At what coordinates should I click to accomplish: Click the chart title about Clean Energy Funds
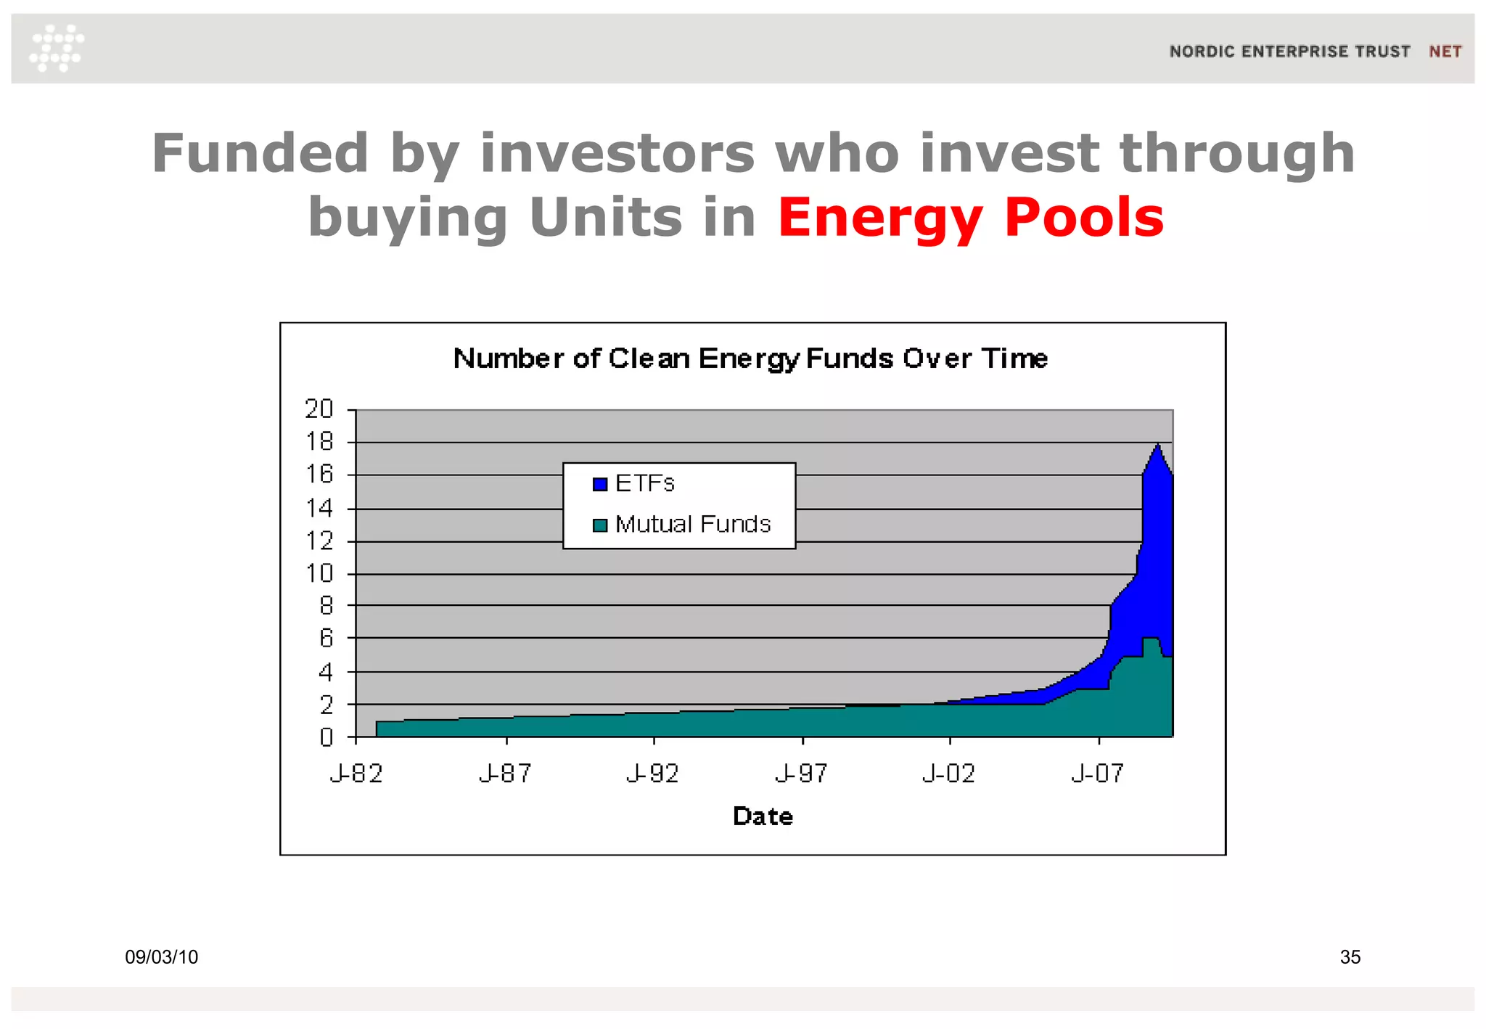tap(750, 358)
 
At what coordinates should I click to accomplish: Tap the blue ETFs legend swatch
tap(599, 484)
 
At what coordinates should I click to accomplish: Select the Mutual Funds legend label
tap(692, 524)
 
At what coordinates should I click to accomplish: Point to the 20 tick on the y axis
tap(319, 409)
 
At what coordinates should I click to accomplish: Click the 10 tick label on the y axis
tap(319, 574)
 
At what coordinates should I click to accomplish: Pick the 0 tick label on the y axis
tap(326, 738)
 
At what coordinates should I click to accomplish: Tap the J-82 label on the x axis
tap(356, 774)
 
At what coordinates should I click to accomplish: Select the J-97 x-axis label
tap(801, 774)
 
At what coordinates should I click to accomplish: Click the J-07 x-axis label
tap(1098, 774)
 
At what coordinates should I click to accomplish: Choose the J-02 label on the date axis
tap(949, 774)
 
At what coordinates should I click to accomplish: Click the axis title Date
tap(763, 816)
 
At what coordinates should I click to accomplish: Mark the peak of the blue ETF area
tap(1158, 446)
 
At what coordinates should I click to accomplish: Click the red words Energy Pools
tap(971, 217)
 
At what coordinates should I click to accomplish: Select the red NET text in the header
tap(1445, 52)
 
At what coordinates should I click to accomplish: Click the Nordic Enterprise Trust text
tap(1289, 52)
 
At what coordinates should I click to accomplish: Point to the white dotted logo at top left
tap(57, 48)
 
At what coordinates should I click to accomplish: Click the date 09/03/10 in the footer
tap(162, 957)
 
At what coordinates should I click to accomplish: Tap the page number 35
tap(1350, 957)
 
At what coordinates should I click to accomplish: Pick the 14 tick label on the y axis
tap(319, 509)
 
